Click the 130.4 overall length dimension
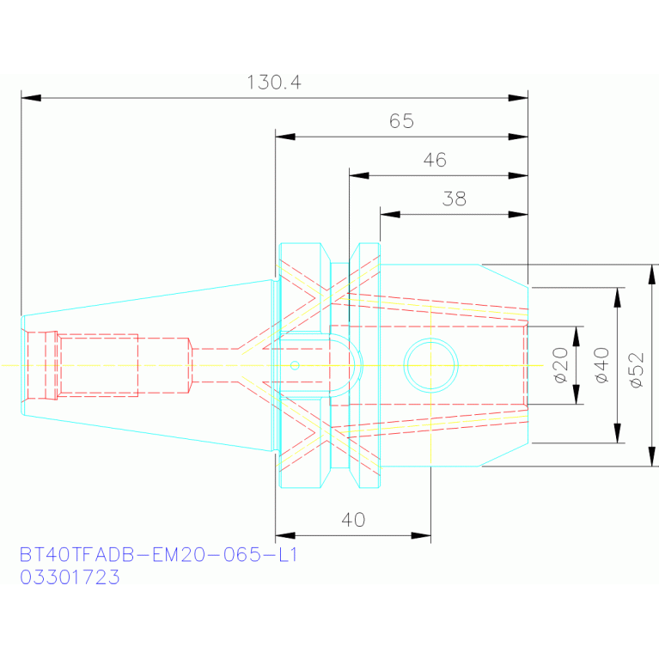[x=274, y=82]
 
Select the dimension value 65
[x=402, y=121]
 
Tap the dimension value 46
[x=435, y=160]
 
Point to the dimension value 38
[x=455, y=198]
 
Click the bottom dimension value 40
[x=353, y=520]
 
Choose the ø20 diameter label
[x=561, y=365]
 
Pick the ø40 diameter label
[x=601, y=365]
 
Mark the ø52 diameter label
[x=637, y=369]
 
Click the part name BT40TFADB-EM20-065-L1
[x=158, y=555]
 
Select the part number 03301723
[x=70, y=577]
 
